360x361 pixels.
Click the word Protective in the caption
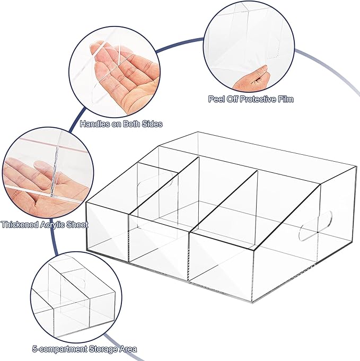point(258,99)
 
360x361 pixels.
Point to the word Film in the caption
point(286,99)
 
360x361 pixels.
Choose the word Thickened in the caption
point(20,224)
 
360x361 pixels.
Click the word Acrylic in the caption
point(52,225)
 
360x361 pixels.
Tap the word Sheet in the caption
point(77,224)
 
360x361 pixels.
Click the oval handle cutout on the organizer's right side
point(315,226)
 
